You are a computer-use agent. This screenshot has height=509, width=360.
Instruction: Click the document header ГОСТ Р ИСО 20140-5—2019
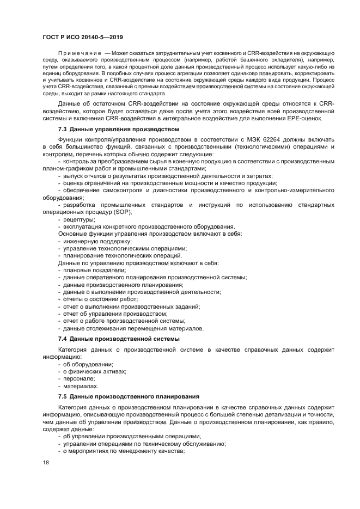pos(83,37)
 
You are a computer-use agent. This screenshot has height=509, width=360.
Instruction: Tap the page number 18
pos(46,462)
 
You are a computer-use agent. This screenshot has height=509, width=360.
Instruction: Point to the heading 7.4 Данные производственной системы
pos(118,339)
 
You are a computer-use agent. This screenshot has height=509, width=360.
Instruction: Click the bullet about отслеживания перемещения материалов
pos(133,328)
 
